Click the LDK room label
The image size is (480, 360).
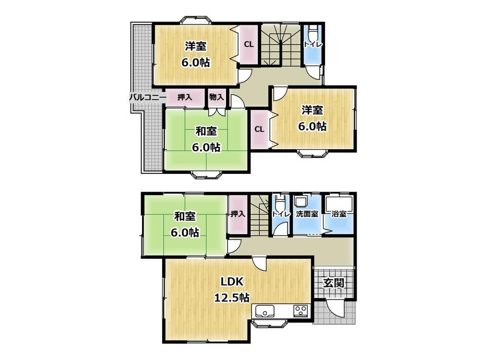tap(232, 282)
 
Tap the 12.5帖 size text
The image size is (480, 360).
tap(231, 298)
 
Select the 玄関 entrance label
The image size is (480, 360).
tap(334, 283)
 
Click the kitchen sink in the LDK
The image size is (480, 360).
tap(264, 312)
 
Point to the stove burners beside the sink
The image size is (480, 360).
tap(300, 312)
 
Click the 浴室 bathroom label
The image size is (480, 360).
tap(339, 214)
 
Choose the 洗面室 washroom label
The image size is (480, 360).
tap(307, 214)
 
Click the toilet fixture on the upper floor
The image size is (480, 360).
tap(313, 32)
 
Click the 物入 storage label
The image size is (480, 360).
tap(216, 97)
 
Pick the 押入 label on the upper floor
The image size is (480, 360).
tap(185, 97)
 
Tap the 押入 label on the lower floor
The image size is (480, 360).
tap(238, 214)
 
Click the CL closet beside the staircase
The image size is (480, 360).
tap(249, 44)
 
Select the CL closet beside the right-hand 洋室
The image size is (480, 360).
tap(259, 129)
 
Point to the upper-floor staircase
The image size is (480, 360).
tap(280, 45)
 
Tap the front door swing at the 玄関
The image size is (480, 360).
tap(336, 309)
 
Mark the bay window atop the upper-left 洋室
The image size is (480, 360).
tap(195, 20)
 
